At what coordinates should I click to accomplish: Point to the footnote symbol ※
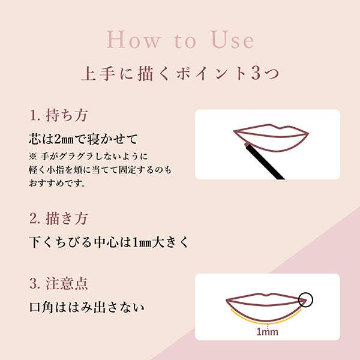[33, 155]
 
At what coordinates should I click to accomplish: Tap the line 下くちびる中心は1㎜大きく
[109, 243]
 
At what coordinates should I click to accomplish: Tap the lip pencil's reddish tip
[247, 144]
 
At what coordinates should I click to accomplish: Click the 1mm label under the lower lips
[266, 330]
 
